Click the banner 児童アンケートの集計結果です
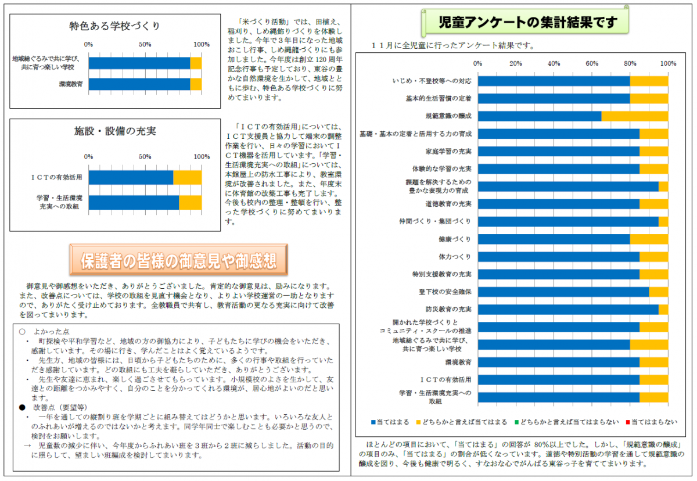tap(520, 23)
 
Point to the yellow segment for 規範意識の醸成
tap(634, 116)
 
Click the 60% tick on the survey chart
tap(592, 63)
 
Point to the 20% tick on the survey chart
tap(516, 63)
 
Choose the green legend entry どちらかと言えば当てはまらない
tap(569, 421)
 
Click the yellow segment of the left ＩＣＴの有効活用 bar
tap(187, 177)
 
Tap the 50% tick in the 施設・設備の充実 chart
tap(145, 156)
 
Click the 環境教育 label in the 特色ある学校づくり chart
tap(71, 84)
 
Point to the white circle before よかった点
tap(22, 331)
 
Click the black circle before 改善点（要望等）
tap(22, 407)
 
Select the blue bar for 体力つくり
tap(558, 257)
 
